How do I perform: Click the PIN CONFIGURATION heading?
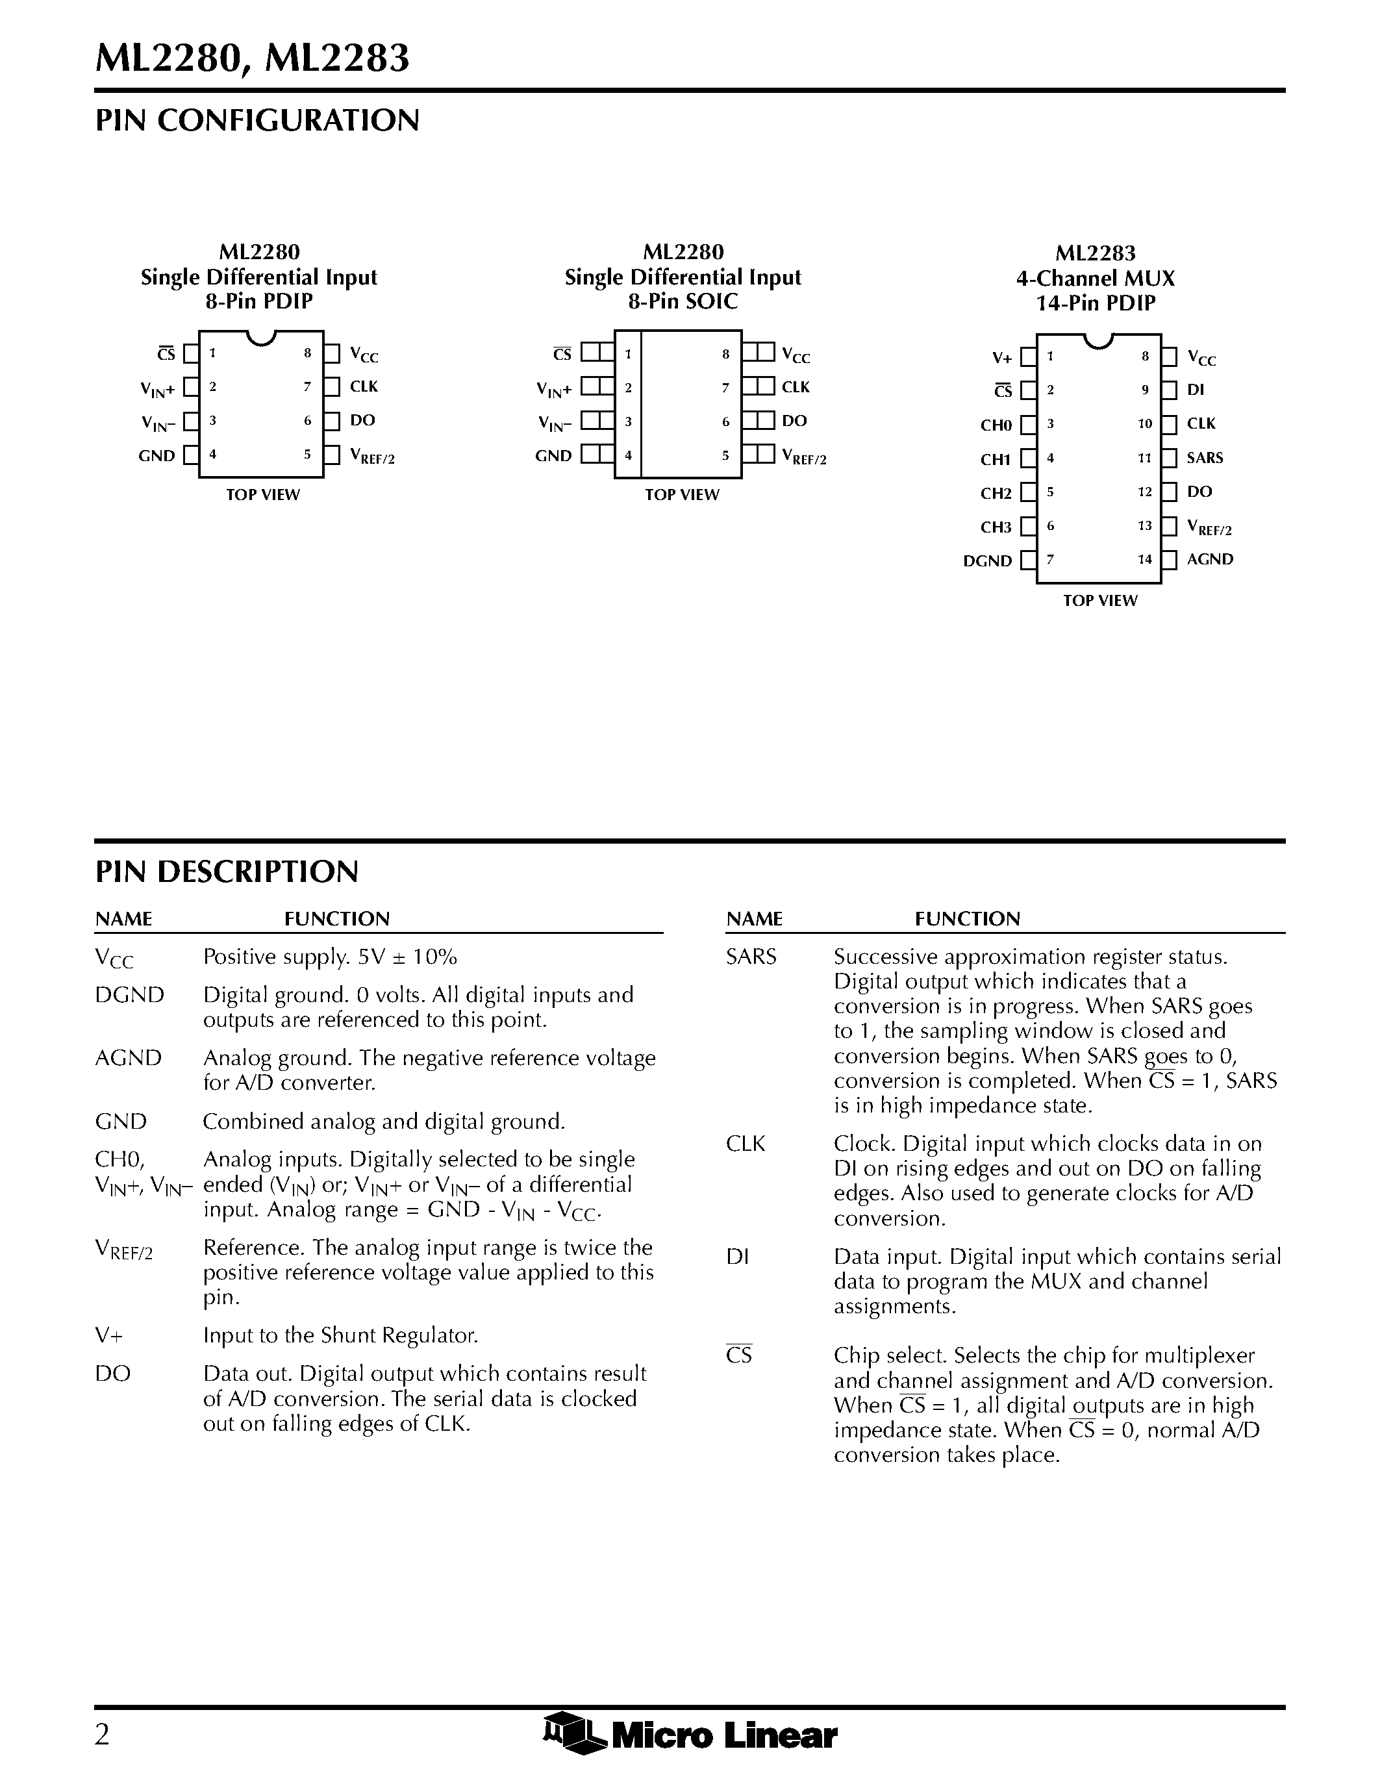tap(258, 121)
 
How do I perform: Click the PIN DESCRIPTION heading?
tap(227, 872)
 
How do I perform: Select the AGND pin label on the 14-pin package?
tap(1210, 559)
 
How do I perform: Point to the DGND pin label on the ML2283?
tap(988, 561)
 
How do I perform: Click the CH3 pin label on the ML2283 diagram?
tap(996, 527)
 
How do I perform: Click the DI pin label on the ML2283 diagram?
tap(1195, 390)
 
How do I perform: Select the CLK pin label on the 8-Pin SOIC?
tap(796, 388)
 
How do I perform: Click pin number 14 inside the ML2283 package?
tap(1144, 559)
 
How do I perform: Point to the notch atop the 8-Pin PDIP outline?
tap(261, 337)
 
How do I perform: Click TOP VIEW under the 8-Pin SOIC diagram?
tap(682, 495)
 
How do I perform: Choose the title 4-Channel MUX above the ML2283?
tap(1096, 279)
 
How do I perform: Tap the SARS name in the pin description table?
tap(751, 957)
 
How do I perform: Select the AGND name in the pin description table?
tap(129, 1058)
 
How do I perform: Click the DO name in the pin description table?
tap(113, 1374)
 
